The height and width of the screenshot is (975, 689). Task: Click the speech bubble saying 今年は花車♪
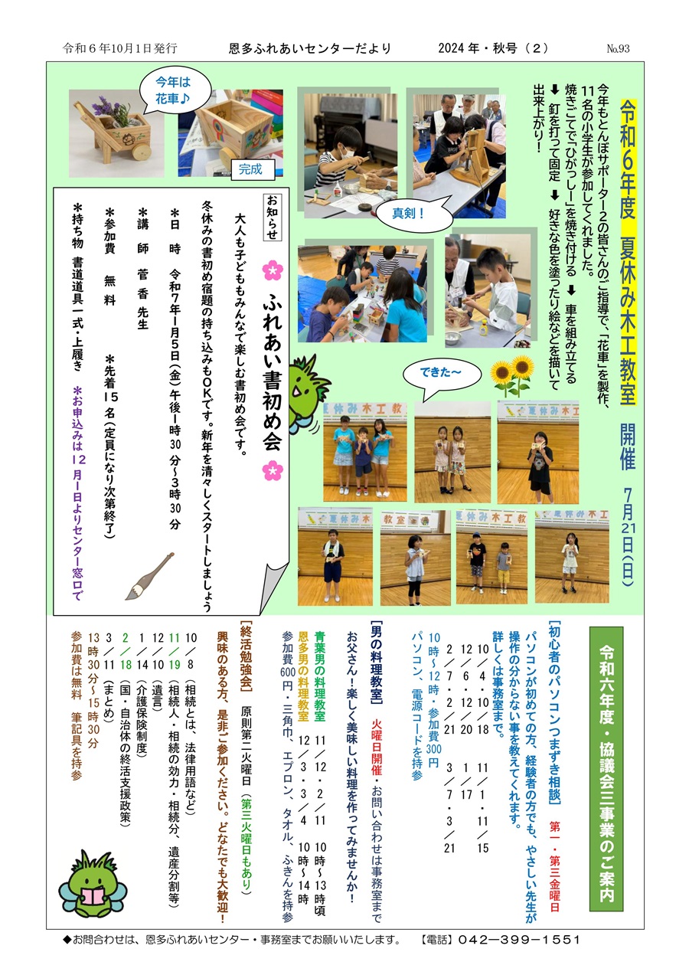click(x=174, y=90)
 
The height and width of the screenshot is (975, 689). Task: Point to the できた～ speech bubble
click(x=441, y=375)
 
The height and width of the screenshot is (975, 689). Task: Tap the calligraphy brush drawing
click(x=149, y=576)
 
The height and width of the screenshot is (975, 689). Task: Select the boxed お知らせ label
click(x=273, y=217)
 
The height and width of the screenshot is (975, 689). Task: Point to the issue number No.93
click(x=618, y=49)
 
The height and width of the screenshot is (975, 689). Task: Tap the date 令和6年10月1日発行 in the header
click(x=120, y=48)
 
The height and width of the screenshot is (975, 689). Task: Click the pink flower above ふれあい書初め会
click(x=273, y=270)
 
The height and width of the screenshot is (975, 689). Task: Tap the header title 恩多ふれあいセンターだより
click(x=310, y=48)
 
